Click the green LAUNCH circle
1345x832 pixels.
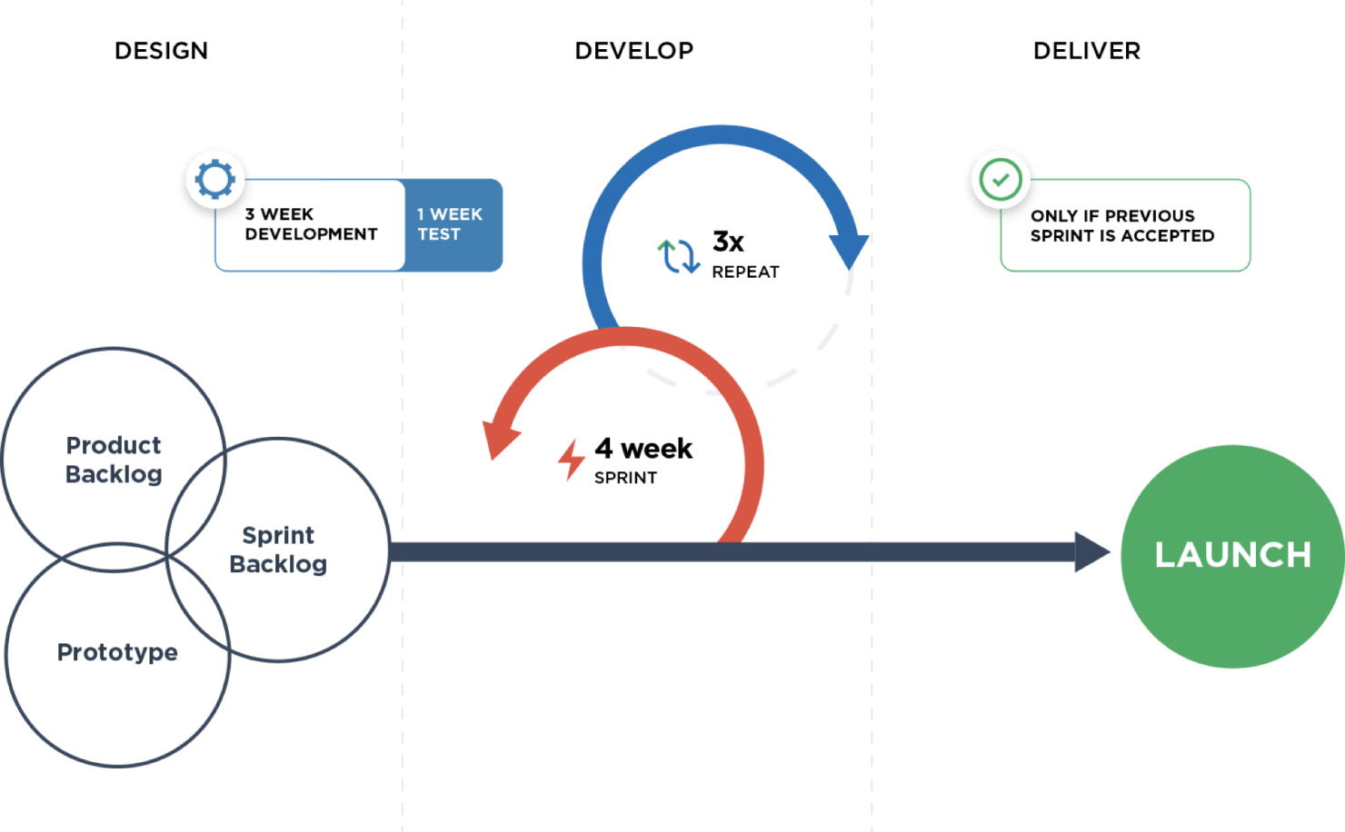tap(1232, 555)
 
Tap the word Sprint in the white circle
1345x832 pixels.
tap(278, 535)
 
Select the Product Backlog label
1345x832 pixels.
tap(114, 460)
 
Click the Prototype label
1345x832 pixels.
tap(117, 652)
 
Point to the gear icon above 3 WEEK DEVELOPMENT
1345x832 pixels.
tap(215, 179)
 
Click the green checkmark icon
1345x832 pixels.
tap(1000, 179)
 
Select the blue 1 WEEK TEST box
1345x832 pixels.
tap(452, 224)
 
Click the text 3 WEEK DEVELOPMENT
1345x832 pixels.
tap(311, 224)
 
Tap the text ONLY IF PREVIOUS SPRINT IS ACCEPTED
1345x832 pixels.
tap(1122, 225)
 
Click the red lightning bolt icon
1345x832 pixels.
tap(571, 460)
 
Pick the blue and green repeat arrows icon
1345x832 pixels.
tap(678, 256)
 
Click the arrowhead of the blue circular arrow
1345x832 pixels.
tap(850, 251)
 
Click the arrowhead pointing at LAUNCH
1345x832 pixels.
tap(1091, 552)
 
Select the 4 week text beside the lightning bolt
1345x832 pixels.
tap(644, 448)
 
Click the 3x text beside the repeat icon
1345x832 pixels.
tap(727, 243)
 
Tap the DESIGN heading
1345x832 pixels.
tap(163, 51)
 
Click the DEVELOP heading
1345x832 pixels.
tap(633, 51)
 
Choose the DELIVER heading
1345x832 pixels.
tap(1088, 51)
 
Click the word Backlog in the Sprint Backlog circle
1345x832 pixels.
tap(278, 564)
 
